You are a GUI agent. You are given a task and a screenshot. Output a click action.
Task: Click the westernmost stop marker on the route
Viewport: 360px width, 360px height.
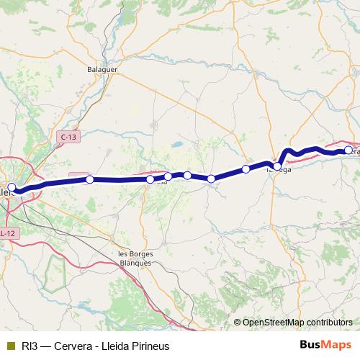(11, 188)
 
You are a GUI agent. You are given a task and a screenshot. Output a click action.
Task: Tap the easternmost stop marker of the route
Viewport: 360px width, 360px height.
(348, 150)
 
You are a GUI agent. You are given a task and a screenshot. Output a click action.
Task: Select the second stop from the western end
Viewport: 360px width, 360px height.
(89, 179)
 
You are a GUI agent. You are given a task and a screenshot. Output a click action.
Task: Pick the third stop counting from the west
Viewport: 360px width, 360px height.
(150, 179)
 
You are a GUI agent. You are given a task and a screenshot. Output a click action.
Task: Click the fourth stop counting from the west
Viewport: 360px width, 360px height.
(168, 176)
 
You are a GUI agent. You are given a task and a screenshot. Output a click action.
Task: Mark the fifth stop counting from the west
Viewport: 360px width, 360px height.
(187, 175)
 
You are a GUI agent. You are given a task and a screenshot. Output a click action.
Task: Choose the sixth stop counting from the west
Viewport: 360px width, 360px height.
(211, 179)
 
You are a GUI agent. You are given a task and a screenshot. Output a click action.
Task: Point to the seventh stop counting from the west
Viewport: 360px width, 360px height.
(246, 169)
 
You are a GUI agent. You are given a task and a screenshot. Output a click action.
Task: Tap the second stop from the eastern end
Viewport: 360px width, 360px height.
(277, 166)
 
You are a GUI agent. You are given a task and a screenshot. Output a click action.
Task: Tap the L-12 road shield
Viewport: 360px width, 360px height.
(7, 233)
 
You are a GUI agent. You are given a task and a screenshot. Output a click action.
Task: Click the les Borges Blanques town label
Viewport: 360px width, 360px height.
(135, 258)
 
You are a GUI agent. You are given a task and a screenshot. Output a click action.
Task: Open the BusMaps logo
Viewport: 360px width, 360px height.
(325, 345)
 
